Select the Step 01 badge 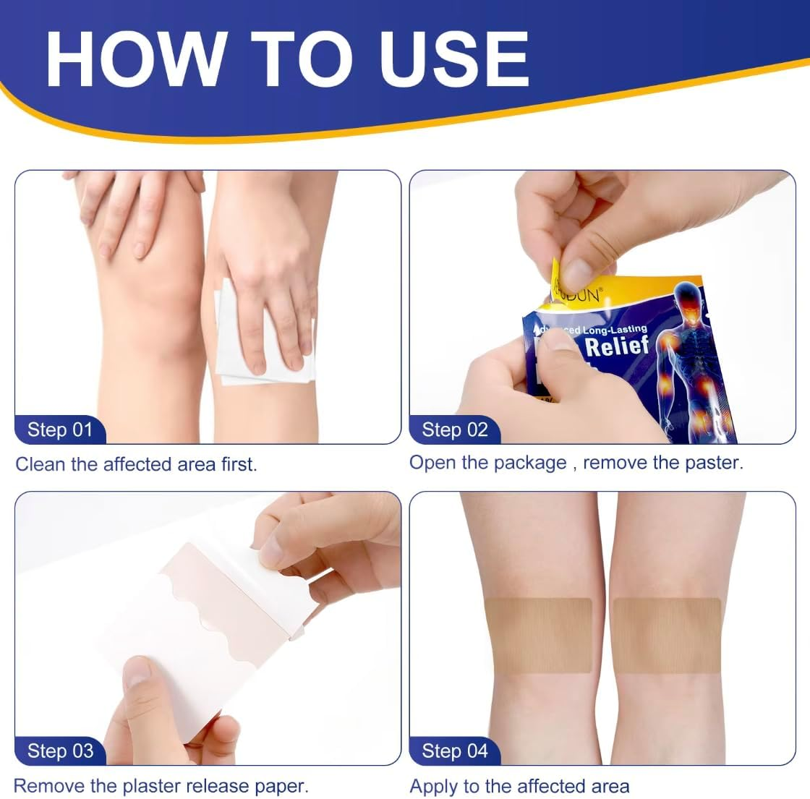[60, 430]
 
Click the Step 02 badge [455, 430]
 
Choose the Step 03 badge [60, 751]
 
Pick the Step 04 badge [455, 751]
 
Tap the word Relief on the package [617, 346]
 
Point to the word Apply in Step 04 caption [438, 787]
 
